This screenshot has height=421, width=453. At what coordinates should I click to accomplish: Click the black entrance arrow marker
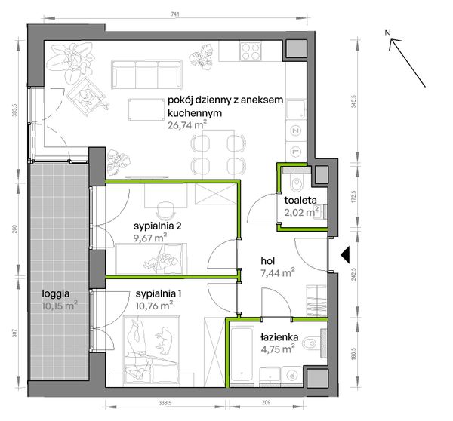[x=345, y=255]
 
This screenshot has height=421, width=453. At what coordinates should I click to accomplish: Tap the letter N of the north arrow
[x=388, y=33]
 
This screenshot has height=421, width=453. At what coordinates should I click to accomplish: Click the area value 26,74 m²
[x=187, y=125]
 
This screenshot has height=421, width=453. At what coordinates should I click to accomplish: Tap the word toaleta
[x=300, y=200]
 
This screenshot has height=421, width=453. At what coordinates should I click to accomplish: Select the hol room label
[x=268, y=261]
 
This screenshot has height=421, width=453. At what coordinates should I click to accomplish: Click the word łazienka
[x=279, y=337]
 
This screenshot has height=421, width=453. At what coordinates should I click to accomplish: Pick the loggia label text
[x=56, y=294]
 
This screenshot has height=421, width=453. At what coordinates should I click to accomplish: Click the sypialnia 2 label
[x=158, y=226]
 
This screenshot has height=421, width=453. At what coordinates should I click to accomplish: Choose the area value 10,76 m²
[x=154, y=306]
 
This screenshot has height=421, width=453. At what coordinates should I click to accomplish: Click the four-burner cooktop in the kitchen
[x=251, y=51]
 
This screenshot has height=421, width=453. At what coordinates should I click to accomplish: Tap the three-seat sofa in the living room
[x=146, y=75]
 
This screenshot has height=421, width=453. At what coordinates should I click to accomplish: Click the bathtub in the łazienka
[x=242, y=357]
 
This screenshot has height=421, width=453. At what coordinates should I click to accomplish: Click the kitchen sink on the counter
[x=295, y=109]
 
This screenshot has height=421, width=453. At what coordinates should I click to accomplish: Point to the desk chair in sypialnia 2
[x=166, y=210]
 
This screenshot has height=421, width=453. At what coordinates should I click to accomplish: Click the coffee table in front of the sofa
[x=146, y=109]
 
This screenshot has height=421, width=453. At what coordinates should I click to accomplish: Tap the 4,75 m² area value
[x=277, y=349]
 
